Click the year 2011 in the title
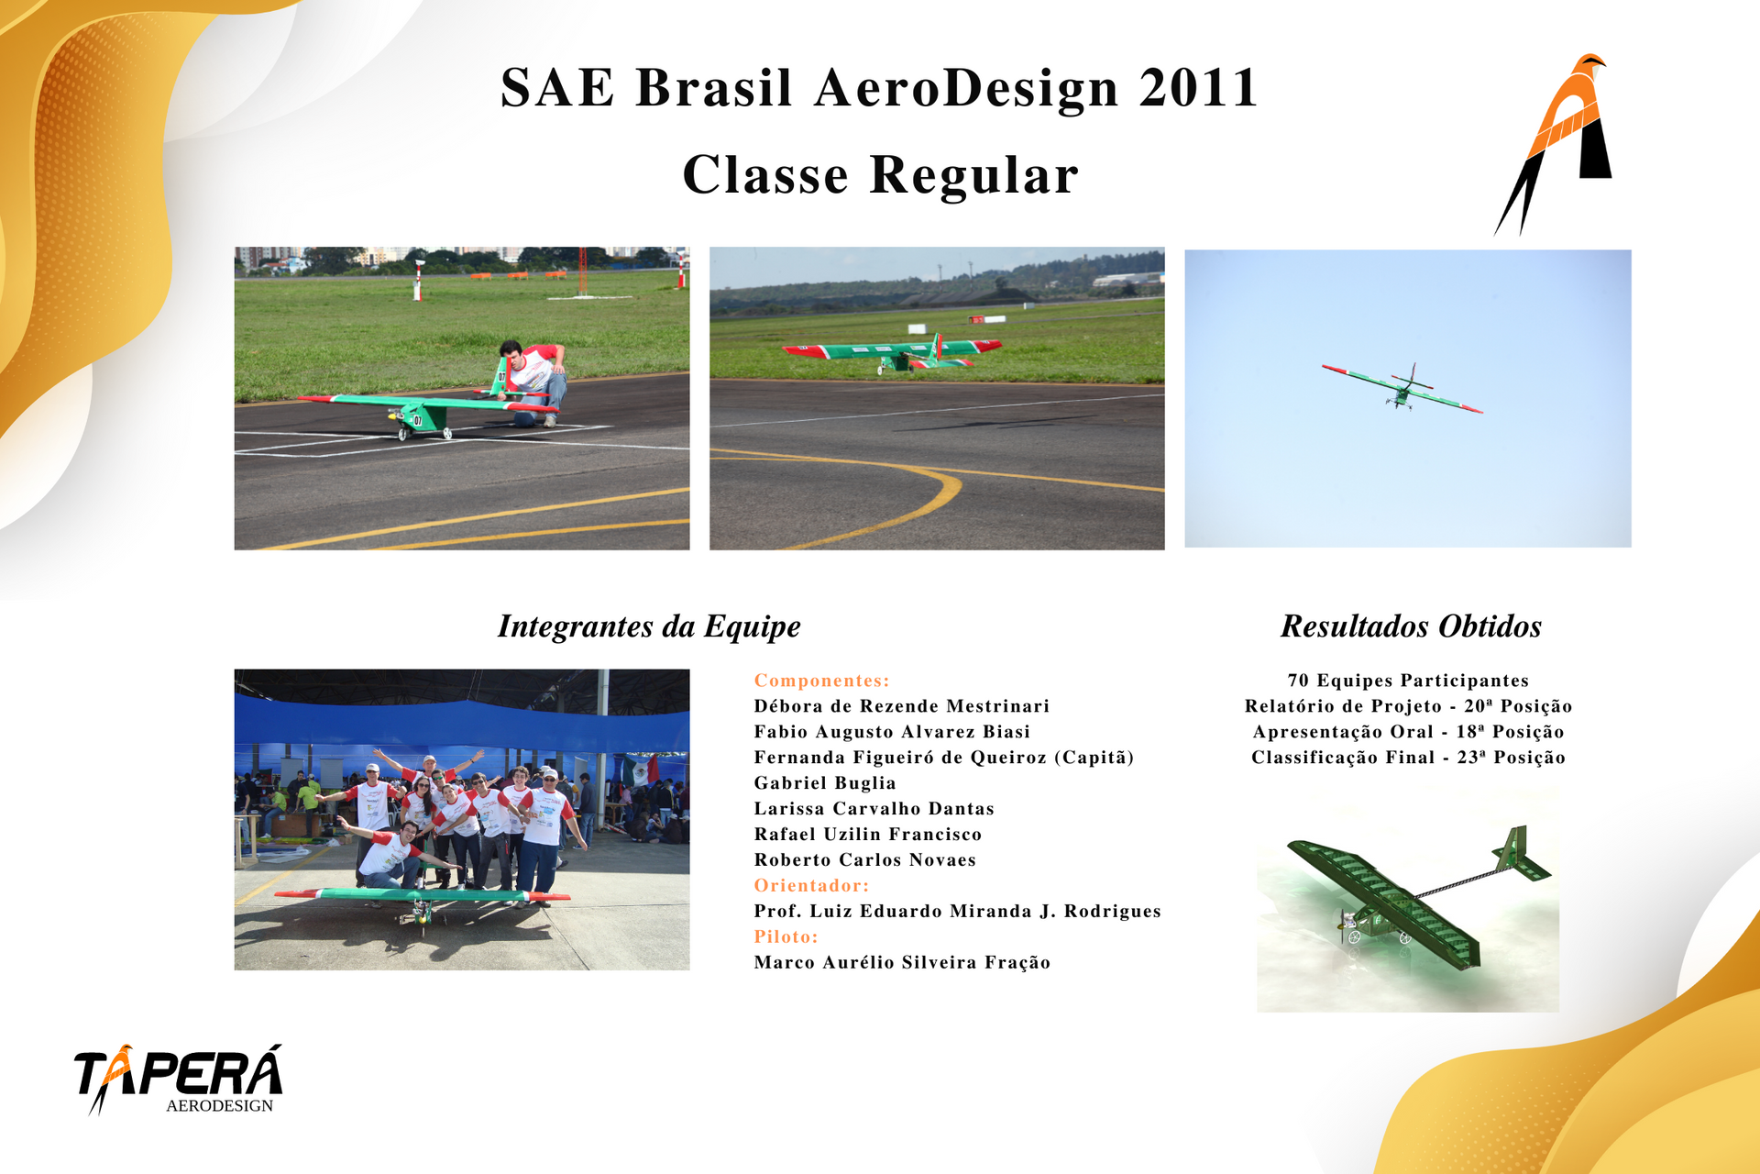pos(1199,88)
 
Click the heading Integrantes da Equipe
pos(649,626)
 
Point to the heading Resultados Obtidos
pos(1411,626)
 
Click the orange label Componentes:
pos(822,681)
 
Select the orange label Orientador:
pos(811,885)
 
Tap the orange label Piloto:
pos(786,936)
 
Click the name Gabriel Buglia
pos(825,783)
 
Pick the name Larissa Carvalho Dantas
pos(874,809)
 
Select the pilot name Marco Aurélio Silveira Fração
pos(902,962)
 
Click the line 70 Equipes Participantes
pos(1408,681)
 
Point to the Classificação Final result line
pos(1408,758)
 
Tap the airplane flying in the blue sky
pos(1402,388)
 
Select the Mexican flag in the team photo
pos(641,770)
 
